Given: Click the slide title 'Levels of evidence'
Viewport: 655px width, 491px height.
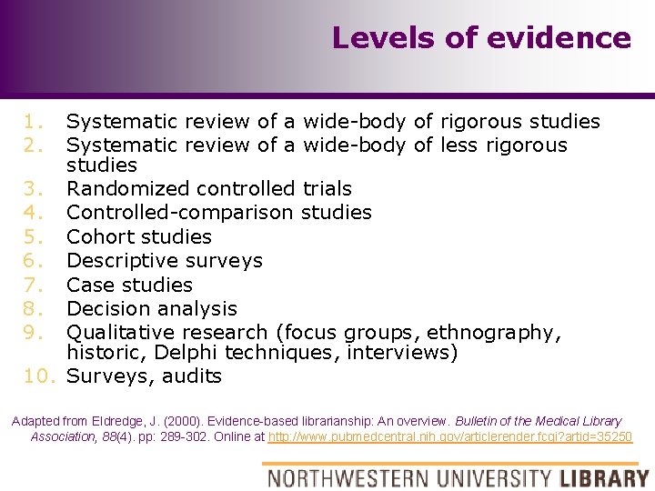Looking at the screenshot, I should (x=480, y=38).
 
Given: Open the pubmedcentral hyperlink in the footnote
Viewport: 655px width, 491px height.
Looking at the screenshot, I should (x=450, y=436).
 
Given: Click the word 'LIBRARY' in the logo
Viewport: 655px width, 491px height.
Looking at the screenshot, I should (x=604, y=477).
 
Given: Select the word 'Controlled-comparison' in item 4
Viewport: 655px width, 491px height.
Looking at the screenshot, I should (x=179, y=213).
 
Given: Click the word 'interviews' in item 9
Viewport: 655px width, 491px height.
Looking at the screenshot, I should (x=399, y=353).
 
